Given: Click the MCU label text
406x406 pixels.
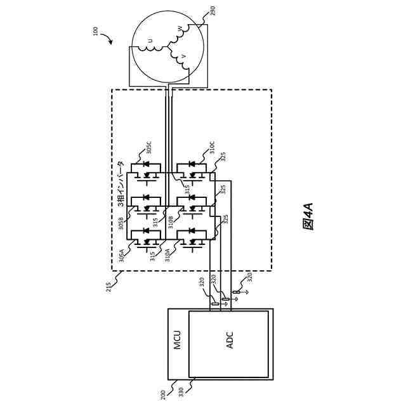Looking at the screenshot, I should click(x=177, y=339).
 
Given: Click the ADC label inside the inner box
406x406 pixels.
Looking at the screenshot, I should click(x=230, y=340).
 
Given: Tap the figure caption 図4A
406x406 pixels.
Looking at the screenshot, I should click(x=308, y=216).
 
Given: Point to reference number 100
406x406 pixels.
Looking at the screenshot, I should click(x=96, y=31).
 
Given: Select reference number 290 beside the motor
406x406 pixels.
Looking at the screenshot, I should click(x=213, y=11).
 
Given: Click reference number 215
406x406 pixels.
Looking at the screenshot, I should click(x=108, y=287).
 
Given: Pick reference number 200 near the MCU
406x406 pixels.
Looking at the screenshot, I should click(x=163, y=395).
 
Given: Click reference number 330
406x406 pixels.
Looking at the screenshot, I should click(x=181, y=392).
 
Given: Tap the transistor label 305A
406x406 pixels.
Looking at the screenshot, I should click(x=122, y=256).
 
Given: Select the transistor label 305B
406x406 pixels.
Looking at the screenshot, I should click(x=121, y=224).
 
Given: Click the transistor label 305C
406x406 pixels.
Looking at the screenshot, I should click(x=149, y=148).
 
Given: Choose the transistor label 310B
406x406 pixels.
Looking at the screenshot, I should click(x=171, y=222).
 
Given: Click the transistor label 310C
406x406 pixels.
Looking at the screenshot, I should click(x=212, y=148).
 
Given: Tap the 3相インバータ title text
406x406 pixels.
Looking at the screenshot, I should click(x=121, y=183).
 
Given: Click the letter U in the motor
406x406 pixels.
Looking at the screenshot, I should click(x=150, y=41).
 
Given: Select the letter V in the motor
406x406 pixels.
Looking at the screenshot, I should click(x=184, y=56).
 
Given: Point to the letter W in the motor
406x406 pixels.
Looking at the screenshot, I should click(x=180, y=29).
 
